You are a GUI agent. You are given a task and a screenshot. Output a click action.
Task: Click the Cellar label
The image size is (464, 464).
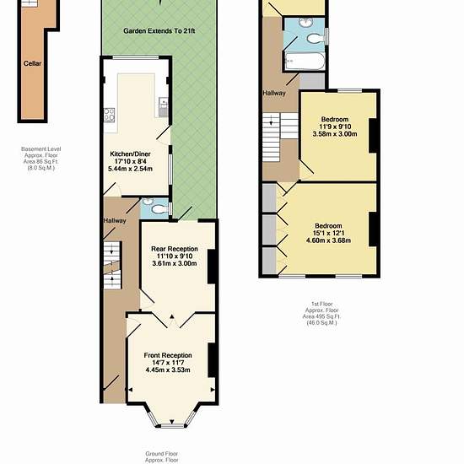click(32, 63)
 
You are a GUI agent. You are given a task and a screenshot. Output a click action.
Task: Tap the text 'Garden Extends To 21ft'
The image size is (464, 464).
click(159, 30)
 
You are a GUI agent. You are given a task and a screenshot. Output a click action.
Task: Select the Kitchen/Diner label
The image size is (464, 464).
click(130, 154)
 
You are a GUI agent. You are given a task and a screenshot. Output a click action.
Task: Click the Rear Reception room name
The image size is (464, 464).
click(175, 249)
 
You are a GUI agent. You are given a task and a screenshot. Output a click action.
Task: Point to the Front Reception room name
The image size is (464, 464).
click(168, 355)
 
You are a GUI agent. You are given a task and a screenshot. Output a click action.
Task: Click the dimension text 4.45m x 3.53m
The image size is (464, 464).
click(168, 370)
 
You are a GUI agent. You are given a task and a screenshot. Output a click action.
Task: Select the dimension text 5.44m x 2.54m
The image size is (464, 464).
click(130, 169)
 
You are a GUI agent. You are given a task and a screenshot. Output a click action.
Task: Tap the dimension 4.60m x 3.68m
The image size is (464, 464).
click(328, 240)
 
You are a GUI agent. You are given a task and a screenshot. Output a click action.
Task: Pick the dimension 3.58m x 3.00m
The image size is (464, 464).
click(335, 134)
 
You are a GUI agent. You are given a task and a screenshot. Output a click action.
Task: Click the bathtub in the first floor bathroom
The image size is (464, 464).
click(305, 62)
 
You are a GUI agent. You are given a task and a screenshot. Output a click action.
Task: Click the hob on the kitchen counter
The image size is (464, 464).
click(109, 115)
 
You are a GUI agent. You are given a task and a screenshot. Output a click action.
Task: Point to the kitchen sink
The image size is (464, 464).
click(164, 106)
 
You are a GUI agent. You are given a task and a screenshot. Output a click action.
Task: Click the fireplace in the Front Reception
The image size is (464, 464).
click(211, 360)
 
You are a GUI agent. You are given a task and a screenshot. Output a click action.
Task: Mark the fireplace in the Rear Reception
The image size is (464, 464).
click(211, 267)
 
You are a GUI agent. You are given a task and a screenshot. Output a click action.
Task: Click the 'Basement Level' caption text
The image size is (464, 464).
click(41, 148)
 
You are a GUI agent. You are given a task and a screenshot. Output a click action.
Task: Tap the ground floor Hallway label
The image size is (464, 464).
click(115, 221)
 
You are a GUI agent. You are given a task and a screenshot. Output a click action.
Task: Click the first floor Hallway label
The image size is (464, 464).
click(274, 93)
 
